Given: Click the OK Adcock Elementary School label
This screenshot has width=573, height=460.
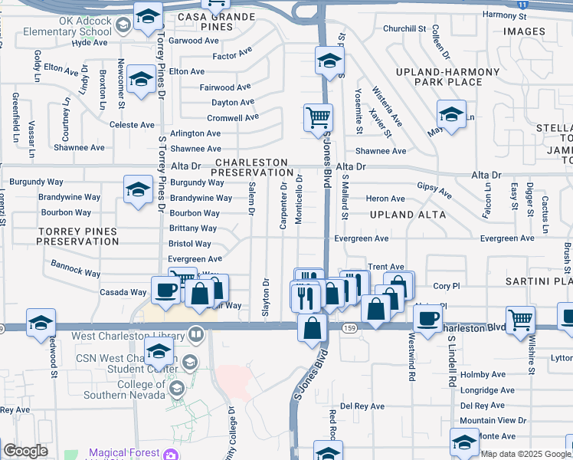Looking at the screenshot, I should [67, 27].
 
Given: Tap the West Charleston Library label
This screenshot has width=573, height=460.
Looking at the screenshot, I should [130, 335].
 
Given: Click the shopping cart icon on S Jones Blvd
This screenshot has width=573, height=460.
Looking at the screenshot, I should [318, 119].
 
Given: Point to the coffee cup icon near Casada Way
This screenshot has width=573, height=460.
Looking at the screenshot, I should [166, 291].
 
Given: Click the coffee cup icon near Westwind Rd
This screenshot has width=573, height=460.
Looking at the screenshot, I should [427, 317].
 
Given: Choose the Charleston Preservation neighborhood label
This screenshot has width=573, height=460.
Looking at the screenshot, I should [252, 168].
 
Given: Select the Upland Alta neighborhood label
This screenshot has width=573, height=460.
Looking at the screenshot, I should [408, 215].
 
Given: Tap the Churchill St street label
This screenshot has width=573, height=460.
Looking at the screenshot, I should [404, 28].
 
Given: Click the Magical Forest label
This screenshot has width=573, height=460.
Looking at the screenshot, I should [124, 453].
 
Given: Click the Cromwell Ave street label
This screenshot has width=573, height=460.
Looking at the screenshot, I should [233, 118].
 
